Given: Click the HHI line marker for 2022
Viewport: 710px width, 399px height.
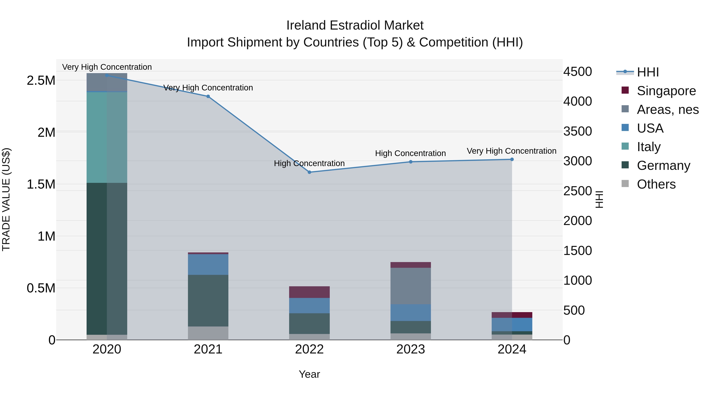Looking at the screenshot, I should coord(309,172).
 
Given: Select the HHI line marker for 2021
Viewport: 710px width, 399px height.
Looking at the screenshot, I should coord(208,96).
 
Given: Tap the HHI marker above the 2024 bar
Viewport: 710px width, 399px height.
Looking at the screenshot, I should coord(512,159).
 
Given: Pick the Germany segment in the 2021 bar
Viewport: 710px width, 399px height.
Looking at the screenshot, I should coord(208,300).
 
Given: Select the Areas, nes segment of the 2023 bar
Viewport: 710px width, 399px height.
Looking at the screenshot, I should coord(411,286).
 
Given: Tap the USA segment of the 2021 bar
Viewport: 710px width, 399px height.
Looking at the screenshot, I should coord(208,264).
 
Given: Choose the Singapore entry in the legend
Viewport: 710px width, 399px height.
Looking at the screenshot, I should coord(666,91).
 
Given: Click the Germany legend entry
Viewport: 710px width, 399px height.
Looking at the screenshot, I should coord(663,166).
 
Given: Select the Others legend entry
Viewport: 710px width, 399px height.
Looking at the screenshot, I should coord(656,184).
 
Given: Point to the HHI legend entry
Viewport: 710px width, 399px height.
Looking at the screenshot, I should coord(648,72).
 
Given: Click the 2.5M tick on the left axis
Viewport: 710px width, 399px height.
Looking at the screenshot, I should coord(41,81).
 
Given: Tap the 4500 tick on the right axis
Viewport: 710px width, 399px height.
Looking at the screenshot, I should coord(577,72).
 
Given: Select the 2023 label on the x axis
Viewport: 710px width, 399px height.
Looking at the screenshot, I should coord(411,349).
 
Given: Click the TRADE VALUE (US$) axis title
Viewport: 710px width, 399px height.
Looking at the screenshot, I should coord(6,199).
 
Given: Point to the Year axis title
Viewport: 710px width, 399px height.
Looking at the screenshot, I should coord(309,374).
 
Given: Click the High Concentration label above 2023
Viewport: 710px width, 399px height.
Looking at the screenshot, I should coord(410,153).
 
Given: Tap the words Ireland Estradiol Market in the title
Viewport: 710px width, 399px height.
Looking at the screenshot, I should coord(355,25).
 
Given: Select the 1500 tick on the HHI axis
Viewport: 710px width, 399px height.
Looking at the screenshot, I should coord(577,251).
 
